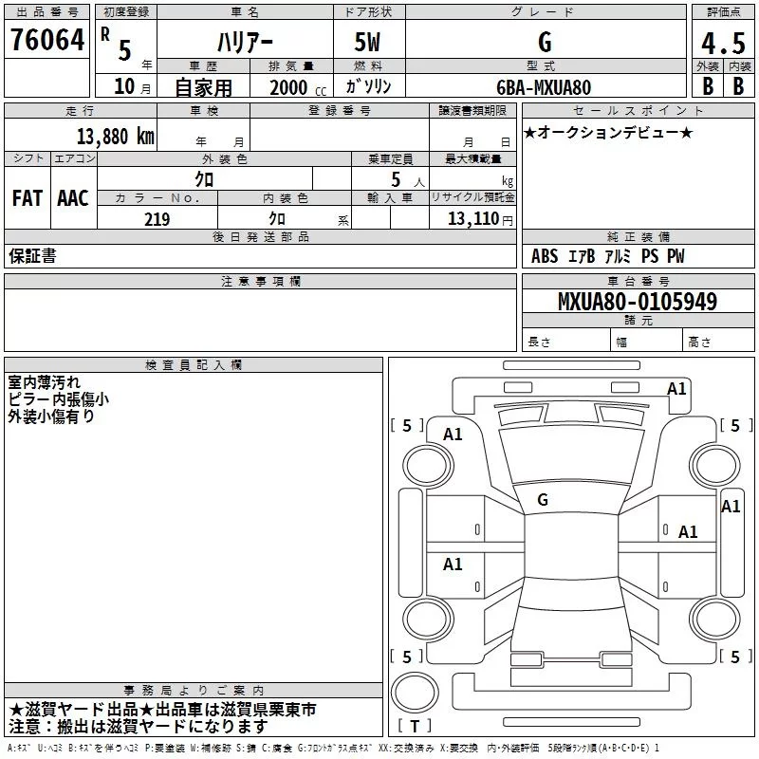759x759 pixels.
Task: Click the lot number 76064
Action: pyautogui.click(x=47, y=39)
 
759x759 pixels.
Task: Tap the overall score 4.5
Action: pyautogui.click(x=723, y=43)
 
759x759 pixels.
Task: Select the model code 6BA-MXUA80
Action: pyautogui.click(x=544, y=87)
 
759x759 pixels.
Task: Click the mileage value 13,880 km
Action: pyautogui.click(x=115, y=136)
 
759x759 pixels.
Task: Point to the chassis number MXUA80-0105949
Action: pyautogui.click(x=638, y=301)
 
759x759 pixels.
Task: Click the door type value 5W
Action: pyautogui.click(x=367, y=42)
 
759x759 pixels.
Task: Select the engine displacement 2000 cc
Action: pyautogui.click(x=298, y=87)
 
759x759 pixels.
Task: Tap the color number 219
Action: pyautogui.click(x=157, y=219)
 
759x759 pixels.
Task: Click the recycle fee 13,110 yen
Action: pyautogui.click(x=480, y=219)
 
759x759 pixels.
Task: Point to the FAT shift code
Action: pyautogui.click(x=28, y=198)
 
